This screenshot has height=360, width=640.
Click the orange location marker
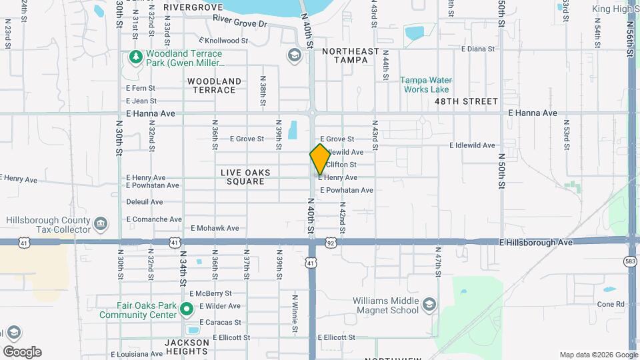tap(320, 159)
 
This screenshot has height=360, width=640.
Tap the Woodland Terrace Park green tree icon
tap(135, 57)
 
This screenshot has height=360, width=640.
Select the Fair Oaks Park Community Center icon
tap(187, 308)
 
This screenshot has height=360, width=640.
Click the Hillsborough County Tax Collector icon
tap(100, 221)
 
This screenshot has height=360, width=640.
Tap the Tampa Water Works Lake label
tap(425, 85)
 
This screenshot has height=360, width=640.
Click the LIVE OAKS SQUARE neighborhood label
tap(245, 177)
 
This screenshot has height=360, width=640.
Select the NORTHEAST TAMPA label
tap(350, 55)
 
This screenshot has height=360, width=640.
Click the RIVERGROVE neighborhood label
tap(193, 7)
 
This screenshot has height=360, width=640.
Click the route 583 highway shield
tap(631, 261)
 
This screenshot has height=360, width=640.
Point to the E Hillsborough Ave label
tap(535, 243)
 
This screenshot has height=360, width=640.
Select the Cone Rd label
tap(611, 304)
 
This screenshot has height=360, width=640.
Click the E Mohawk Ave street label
tap(215, 228)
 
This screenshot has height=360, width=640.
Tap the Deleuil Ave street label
tap(144, 201)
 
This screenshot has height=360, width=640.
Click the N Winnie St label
tap(294, 313)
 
